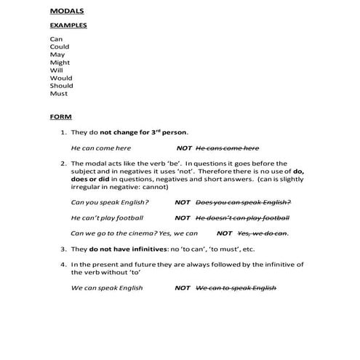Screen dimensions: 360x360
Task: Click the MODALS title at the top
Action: (x=66, y=12)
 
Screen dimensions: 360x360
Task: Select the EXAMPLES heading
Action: (x=68, y=25)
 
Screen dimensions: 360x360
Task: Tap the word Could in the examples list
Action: (x=60, y=46)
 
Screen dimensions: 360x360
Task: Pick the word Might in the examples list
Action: (x=60, y=62)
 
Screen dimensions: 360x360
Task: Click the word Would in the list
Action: (x=61, y=78)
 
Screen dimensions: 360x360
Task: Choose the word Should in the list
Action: (x=62, y=86)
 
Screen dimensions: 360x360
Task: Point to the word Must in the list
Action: (x=59, y=94)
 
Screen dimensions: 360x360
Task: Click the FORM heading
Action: (x=61, y=116)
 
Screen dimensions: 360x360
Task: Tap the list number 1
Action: (x=63, y=132)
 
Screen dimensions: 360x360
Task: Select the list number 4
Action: (x=63, y=264)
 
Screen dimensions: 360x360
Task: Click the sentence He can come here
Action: (x=101, y=148)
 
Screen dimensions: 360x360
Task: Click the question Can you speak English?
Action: (x=110, y=202)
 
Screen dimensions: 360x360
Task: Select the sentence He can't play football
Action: (x=107, y=217)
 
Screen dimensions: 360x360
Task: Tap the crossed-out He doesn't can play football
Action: (x=243, y=217)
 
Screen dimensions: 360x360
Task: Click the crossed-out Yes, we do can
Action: (x=263, y=233)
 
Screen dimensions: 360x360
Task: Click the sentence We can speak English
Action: (x=107, y=288)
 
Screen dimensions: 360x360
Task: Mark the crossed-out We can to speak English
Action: (x=236, y=288)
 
